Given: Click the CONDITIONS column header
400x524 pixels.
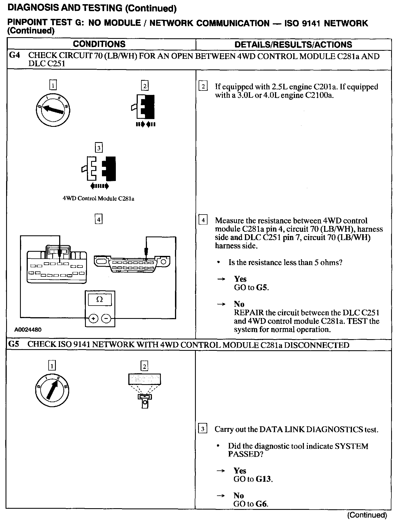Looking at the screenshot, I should pos(99,44).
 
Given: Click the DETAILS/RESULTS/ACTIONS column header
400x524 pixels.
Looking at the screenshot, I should pos(293,45).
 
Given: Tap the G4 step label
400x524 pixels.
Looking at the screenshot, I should pos(14,56).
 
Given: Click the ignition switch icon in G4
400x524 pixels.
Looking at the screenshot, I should pos(53,109).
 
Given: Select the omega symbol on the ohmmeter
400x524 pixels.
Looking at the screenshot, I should pos(99,300).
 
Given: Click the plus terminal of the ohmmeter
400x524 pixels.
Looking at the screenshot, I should pos(93,318).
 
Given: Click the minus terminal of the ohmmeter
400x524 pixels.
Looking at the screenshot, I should pos(106,318).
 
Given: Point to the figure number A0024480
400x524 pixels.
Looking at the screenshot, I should pos(28,330).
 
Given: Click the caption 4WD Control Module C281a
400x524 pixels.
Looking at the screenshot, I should pos(98,199).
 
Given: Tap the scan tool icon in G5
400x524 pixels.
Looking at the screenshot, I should pos(144,390).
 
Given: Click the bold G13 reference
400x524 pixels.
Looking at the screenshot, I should pos(264,479).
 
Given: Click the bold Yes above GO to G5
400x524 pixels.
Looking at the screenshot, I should pos(240,279).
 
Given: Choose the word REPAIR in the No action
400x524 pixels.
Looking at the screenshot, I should pos(249,313).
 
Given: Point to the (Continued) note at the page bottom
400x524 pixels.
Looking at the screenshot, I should pos(367,515).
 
